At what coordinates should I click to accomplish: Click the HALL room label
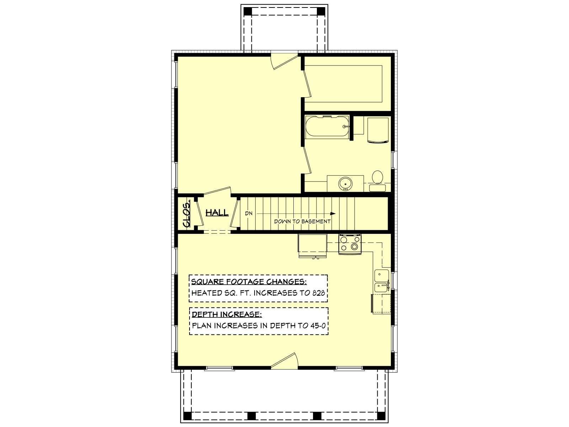(217, 212)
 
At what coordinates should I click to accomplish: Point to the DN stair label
(249, 213)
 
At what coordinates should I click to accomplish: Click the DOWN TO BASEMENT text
(302, 221)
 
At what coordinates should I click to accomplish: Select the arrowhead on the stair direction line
(333, 213)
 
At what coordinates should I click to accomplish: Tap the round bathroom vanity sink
(345, 183)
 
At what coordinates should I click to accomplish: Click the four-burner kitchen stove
(350, 244)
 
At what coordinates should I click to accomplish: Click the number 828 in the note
(319, 293)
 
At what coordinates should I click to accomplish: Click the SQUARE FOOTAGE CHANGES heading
(249, 281)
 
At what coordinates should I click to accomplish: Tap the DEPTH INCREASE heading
(227, 315)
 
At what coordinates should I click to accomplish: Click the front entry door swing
(284, 360)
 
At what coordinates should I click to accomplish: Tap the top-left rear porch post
(248, 11)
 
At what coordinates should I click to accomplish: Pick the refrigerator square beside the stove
(313, 243)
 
